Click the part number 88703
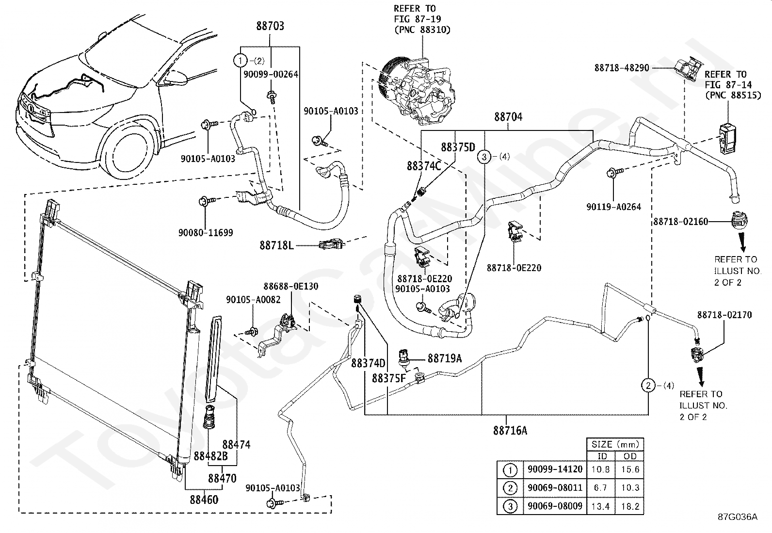click(270, 26)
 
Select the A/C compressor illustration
click(417, 91)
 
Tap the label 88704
click(508, 117)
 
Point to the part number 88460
click(204, 500)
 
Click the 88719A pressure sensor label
click(445, 358)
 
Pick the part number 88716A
click(510, 431)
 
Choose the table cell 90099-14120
click(555, 469)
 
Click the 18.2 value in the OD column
click(630, 506)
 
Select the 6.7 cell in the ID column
click(600, 488)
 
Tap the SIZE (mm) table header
click(615, 444)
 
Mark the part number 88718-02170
click(724, 315)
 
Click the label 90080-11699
click(206, 233)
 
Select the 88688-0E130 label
click(291, 286)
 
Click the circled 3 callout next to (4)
click(484, 157)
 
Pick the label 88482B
click(210, 456)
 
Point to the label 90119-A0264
click(614, 207)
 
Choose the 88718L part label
click(276, 245)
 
